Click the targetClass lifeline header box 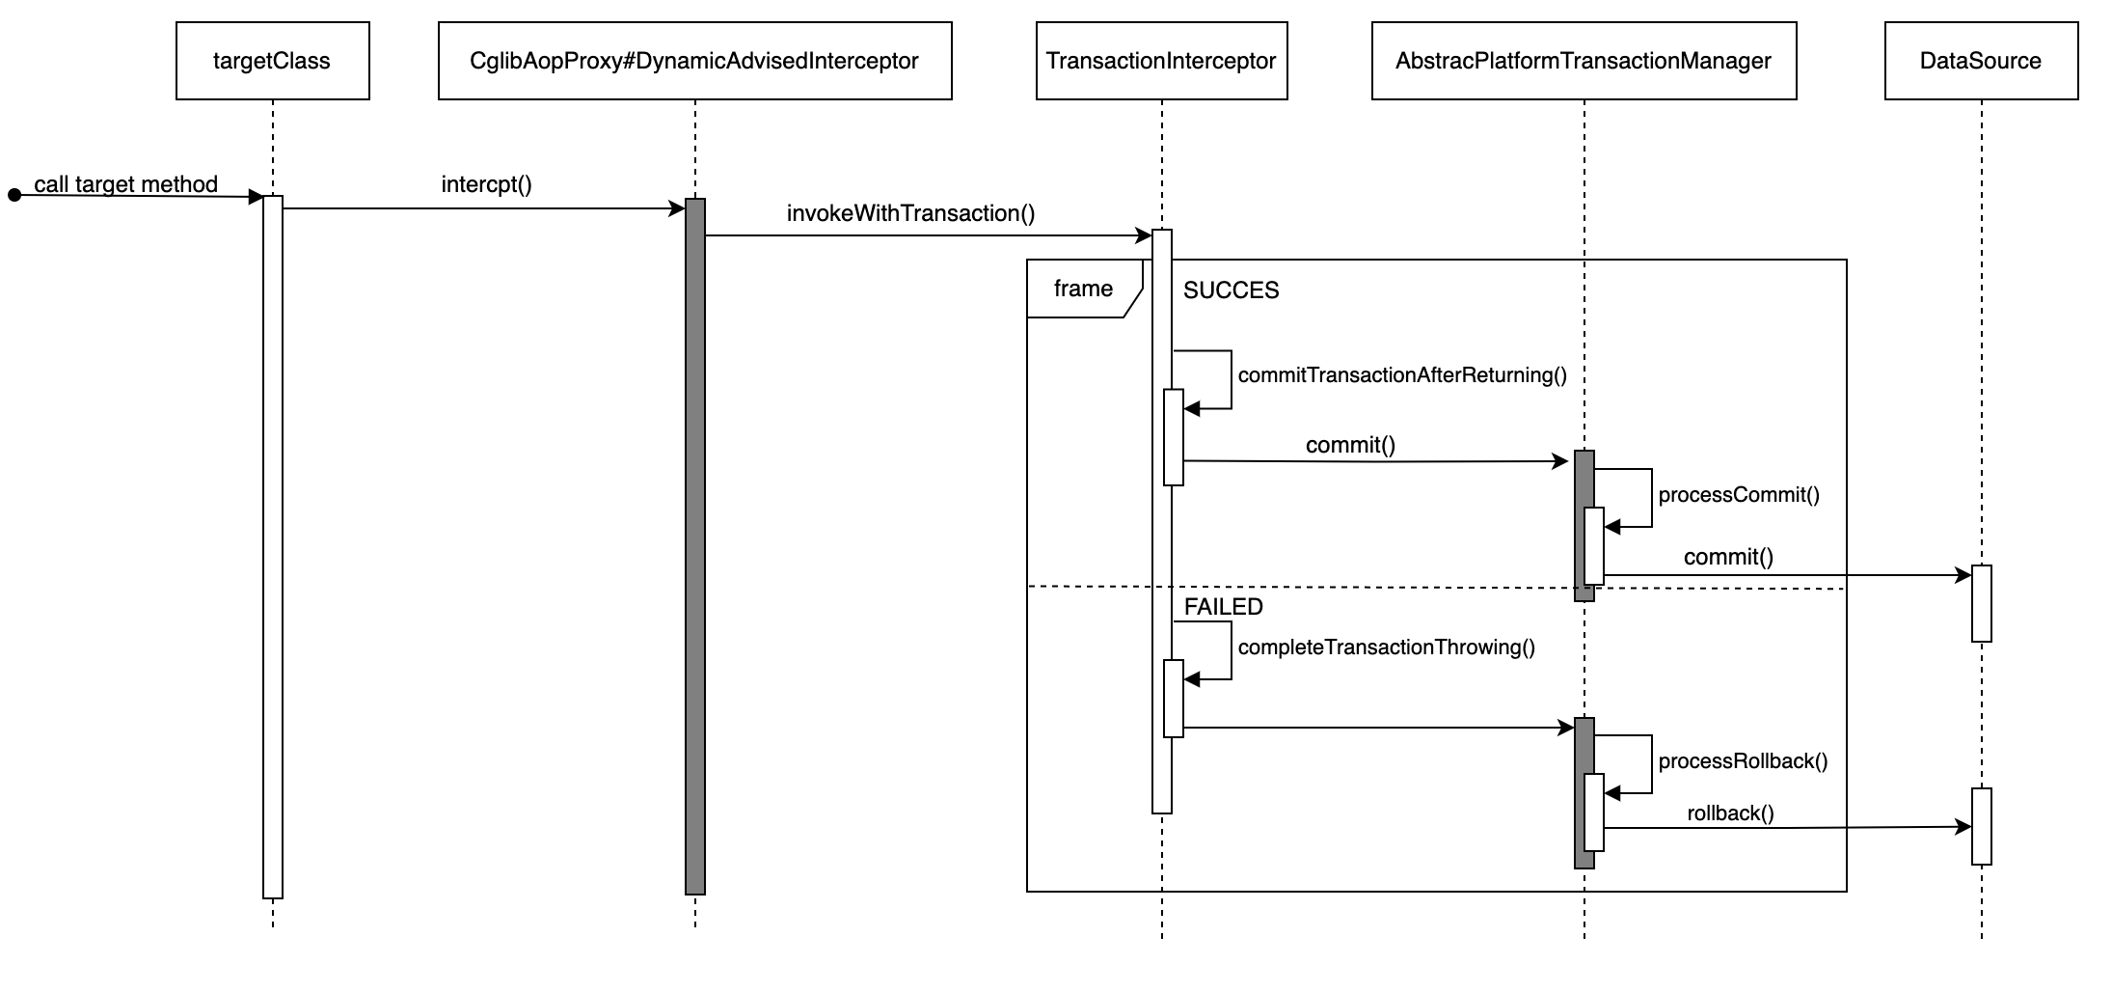tap(272, 61)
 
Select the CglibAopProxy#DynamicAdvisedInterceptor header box tap(694, 61)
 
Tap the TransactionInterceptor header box tap(1161, 61)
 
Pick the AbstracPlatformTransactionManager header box tap(1584, 61)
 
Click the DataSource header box tap(1981, 61)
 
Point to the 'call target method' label tap(125, 183)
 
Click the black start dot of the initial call tap(14, 196)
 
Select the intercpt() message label tap(486, 183)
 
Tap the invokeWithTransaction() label tap(910, 213)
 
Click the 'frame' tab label tap(1083, 289)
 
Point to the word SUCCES tap(1231, 290)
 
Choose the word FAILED tap(1223, 606)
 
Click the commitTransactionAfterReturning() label tap(1402, 375)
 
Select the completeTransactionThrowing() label tap(1386, 647)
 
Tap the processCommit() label tap(1739, 495)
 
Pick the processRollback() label tap(1743, 761)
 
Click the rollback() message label tap(1730, 813)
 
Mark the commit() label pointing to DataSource tap(1728, 557)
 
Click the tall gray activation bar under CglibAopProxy tap(695, 550)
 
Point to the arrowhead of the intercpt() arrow tap(678, 208)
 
